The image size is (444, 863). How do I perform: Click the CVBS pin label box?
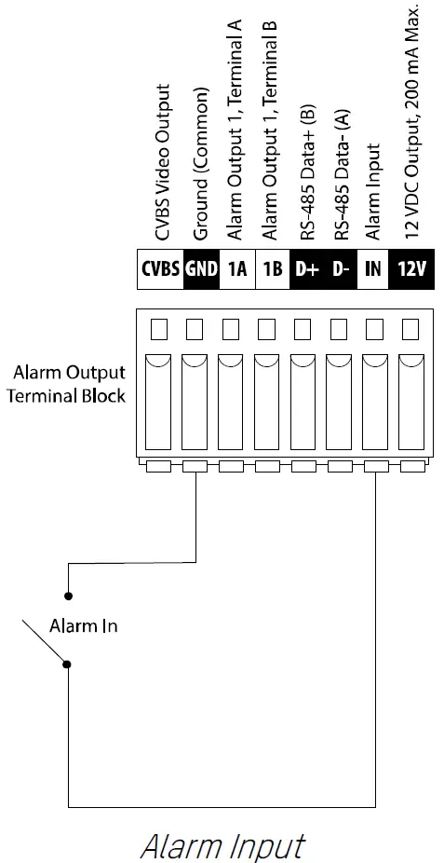[x=160, y=269]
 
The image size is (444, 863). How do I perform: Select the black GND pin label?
[x=201, y=269]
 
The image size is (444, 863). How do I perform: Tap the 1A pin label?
[x=236, y=269]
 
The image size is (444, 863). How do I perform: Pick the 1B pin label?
[x=273, y=269]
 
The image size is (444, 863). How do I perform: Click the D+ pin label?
[x=308, y=269]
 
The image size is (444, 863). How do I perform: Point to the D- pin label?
[x=342, y=269]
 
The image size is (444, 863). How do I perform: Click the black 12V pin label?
[x=410, y=269]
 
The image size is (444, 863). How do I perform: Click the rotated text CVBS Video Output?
[x=164, y=163]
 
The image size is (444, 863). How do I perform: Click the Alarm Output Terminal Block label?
[x=69, y=383]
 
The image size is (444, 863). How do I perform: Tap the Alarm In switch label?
[x=84, y=625]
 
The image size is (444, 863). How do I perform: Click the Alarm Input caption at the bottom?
[x=222, y=844]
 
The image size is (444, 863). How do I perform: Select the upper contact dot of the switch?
[x=68, y=594]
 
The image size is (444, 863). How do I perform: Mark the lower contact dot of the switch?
[x=68, y=664]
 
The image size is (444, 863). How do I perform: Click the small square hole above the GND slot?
[x=195, y=328]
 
